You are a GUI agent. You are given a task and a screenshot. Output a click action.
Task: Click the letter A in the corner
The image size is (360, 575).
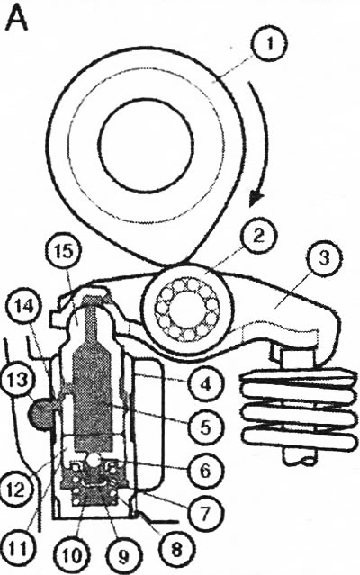point(17,20)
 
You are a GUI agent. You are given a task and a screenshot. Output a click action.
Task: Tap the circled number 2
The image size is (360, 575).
point(258,236)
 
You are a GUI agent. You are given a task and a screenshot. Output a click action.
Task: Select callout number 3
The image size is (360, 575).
point(324,258)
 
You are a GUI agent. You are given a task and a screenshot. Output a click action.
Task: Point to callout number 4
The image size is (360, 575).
point(205,384)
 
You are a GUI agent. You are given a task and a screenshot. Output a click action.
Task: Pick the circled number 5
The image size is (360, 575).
point(205,427)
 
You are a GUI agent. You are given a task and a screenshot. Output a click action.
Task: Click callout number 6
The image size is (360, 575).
point(205,470)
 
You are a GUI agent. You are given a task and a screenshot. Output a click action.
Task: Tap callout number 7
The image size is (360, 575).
point(204,512)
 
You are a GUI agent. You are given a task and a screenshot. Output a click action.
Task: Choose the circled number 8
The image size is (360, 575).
point(176,549)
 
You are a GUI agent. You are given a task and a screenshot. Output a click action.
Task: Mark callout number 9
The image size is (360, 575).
point(123,555)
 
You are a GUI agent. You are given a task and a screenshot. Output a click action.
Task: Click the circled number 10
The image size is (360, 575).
point(72,555)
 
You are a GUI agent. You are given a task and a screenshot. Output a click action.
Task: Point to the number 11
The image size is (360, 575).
point(18,549)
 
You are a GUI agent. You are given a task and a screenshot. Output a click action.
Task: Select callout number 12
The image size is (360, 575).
point(17,490)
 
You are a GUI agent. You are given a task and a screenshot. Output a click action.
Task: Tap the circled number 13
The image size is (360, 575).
point(17,379)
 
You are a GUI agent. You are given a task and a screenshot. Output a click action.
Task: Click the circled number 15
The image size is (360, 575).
point(65,254)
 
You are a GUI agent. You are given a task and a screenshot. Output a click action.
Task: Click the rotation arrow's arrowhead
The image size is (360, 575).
point(256,200)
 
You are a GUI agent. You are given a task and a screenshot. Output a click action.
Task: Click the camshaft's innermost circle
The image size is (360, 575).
point(146,145)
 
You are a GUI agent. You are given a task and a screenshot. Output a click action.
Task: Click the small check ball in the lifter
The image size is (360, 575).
point(94,460)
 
